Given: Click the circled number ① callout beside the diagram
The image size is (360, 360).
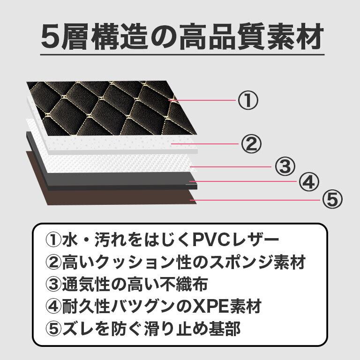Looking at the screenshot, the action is point(248,100).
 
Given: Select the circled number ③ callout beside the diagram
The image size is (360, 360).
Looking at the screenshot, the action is point(285,166).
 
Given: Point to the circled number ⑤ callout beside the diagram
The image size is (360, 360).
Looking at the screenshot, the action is point(331,200).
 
